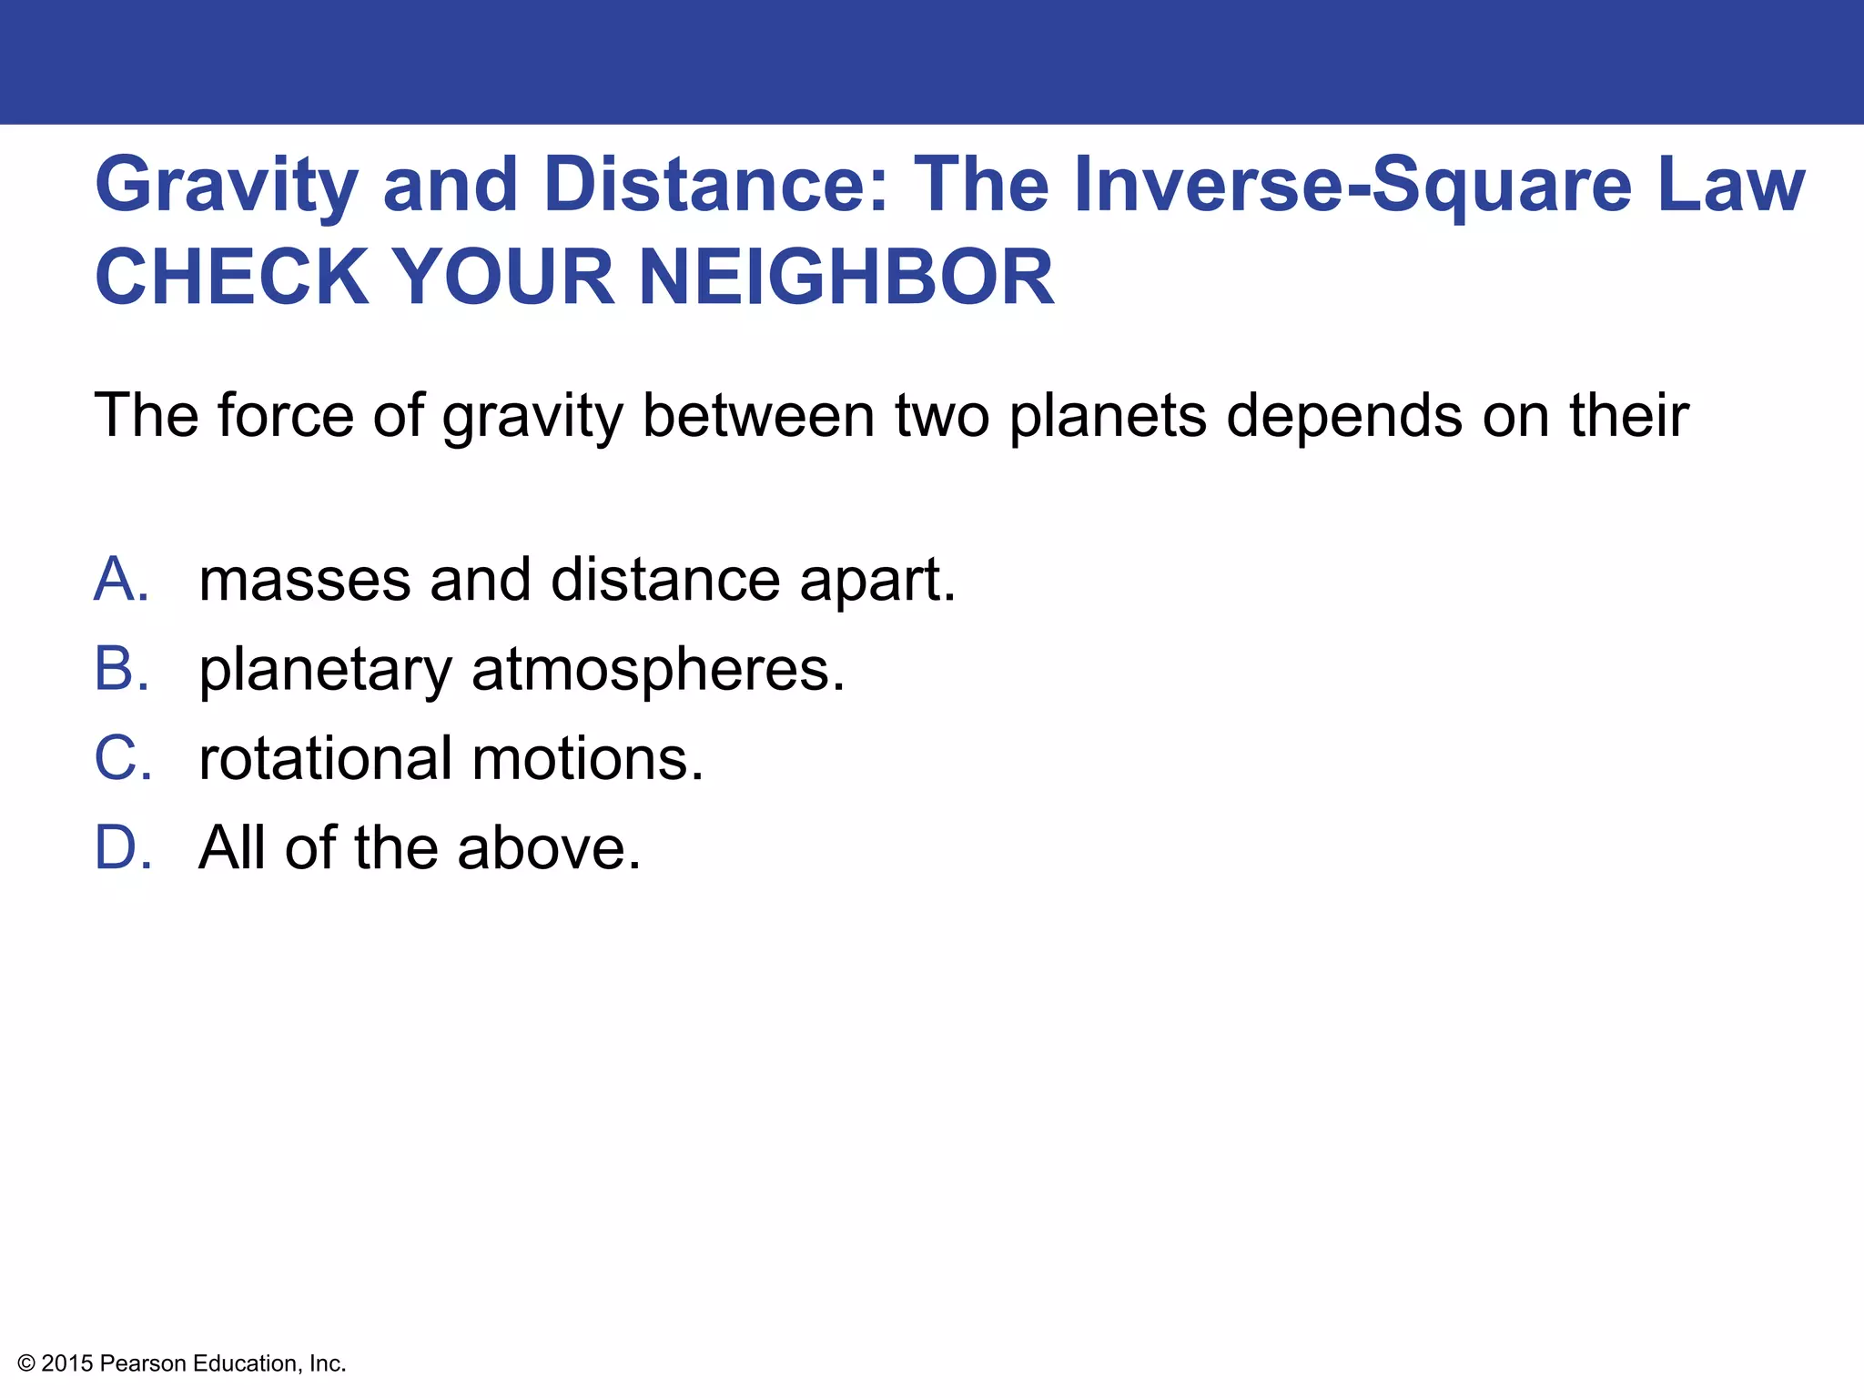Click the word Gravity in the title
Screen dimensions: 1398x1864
tap(227, 187)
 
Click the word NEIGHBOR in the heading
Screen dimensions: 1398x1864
tap(846, 278)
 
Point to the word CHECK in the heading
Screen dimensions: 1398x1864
tap(232, 278)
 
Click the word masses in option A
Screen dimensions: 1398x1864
tap(304, 581)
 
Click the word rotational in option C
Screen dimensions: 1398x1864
tap(325, 758)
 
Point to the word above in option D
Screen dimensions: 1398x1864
tap(549, 847)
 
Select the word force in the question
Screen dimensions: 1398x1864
tap(285, 415)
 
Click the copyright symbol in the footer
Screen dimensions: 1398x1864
tap(26, 1363)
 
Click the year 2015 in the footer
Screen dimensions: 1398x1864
tap(67, 1363)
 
